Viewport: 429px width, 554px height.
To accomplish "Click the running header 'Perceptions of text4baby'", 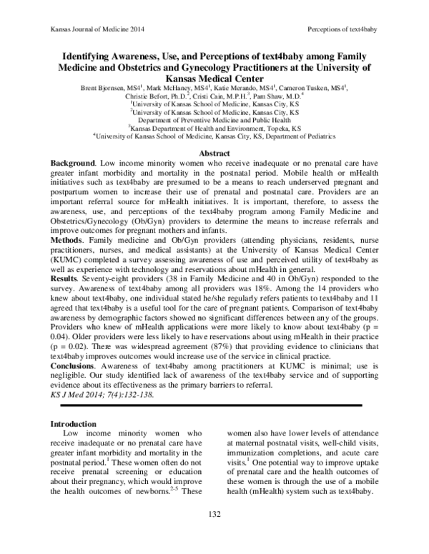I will point(341,29).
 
